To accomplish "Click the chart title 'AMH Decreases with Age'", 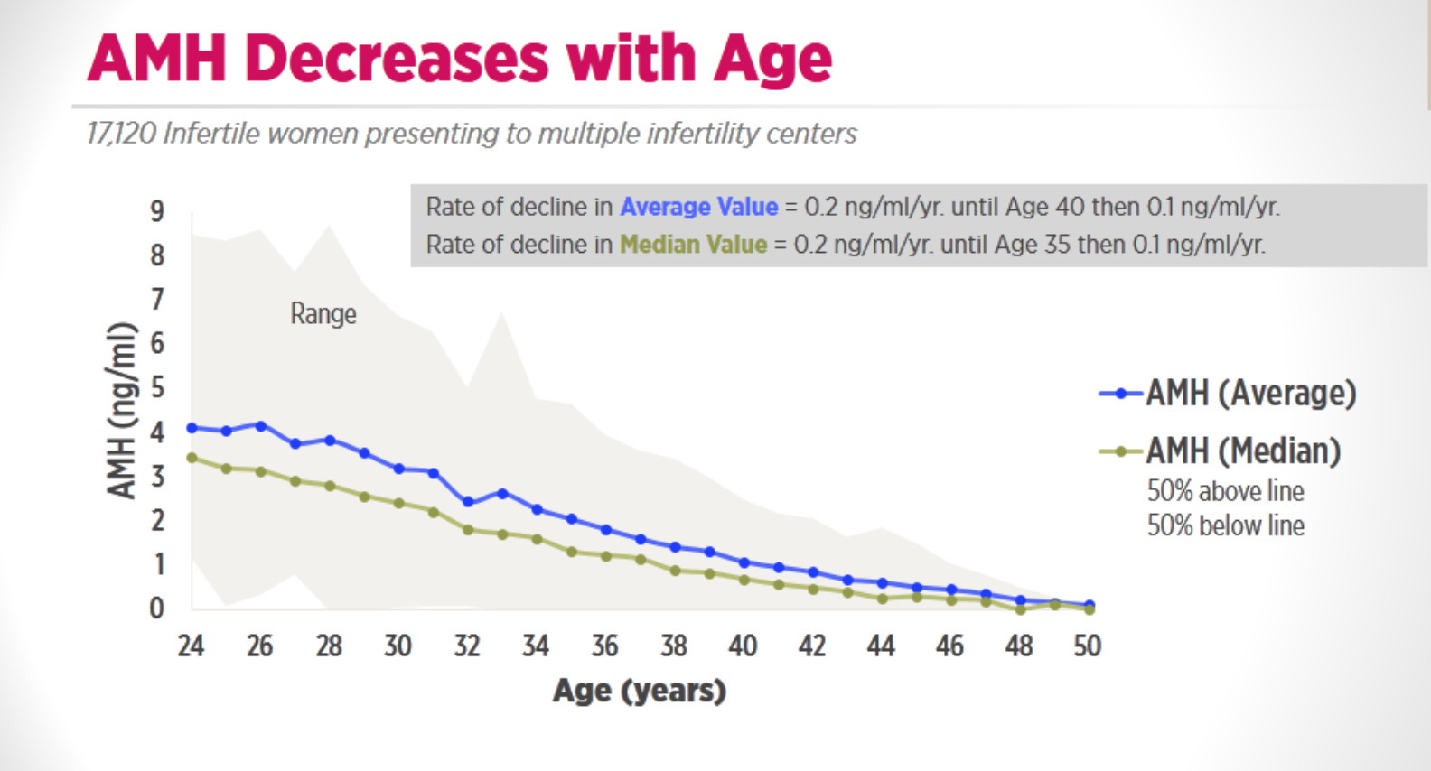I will [x=459, y=59].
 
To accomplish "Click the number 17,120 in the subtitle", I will [x=122, y=134].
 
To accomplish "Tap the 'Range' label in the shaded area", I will [x=323, y=314].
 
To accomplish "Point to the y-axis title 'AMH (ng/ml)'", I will [x=122, y=411].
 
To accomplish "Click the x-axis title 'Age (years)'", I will [x=639, y=691].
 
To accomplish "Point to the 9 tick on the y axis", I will [x=157, y=211].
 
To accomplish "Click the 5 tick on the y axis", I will [x=157, y=388].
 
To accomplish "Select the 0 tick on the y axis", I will [x=157, y=608].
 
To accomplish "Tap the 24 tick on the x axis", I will [x=191, y=646].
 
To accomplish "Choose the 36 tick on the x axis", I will [x=604, y=646].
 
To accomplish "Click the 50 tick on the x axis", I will [x=1088, y=646].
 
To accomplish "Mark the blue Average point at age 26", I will [x=260, y=425].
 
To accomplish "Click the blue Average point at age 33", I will [x=502, y=493].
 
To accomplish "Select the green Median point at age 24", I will [x=192, y=458].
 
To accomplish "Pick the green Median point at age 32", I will [x=467, y=529].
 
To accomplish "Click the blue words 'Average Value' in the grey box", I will [x=698, y=207].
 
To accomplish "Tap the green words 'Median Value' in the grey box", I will [x=693, y=245].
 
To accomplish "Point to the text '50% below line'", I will [x=1225, y=525].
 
